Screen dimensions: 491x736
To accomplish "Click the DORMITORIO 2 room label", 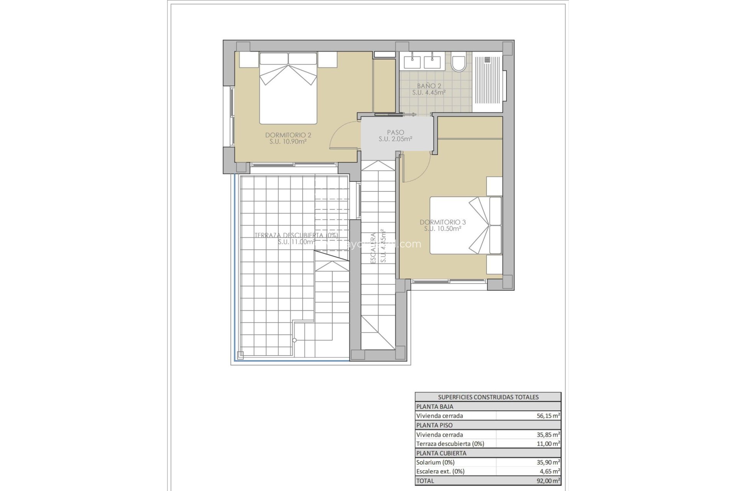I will click(x=288, y=138).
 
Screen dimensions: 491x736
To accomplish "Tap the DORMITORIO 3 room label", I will click(x=442, y=225).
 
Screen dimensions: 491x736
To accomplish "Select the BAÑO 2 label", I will click(x=429, y=89).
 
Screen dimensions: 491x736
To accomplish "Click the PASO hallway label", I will click(x=395, y=136).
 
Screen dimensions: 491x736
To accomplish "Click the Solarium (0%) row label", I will click(x=435, y=462).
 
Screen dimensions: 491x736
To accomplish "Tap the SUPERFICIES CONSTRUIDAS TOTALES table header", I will click(x=488, y=397).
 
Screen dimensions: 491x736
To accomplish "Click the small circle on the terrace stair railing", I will click(x=294, y=340).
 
